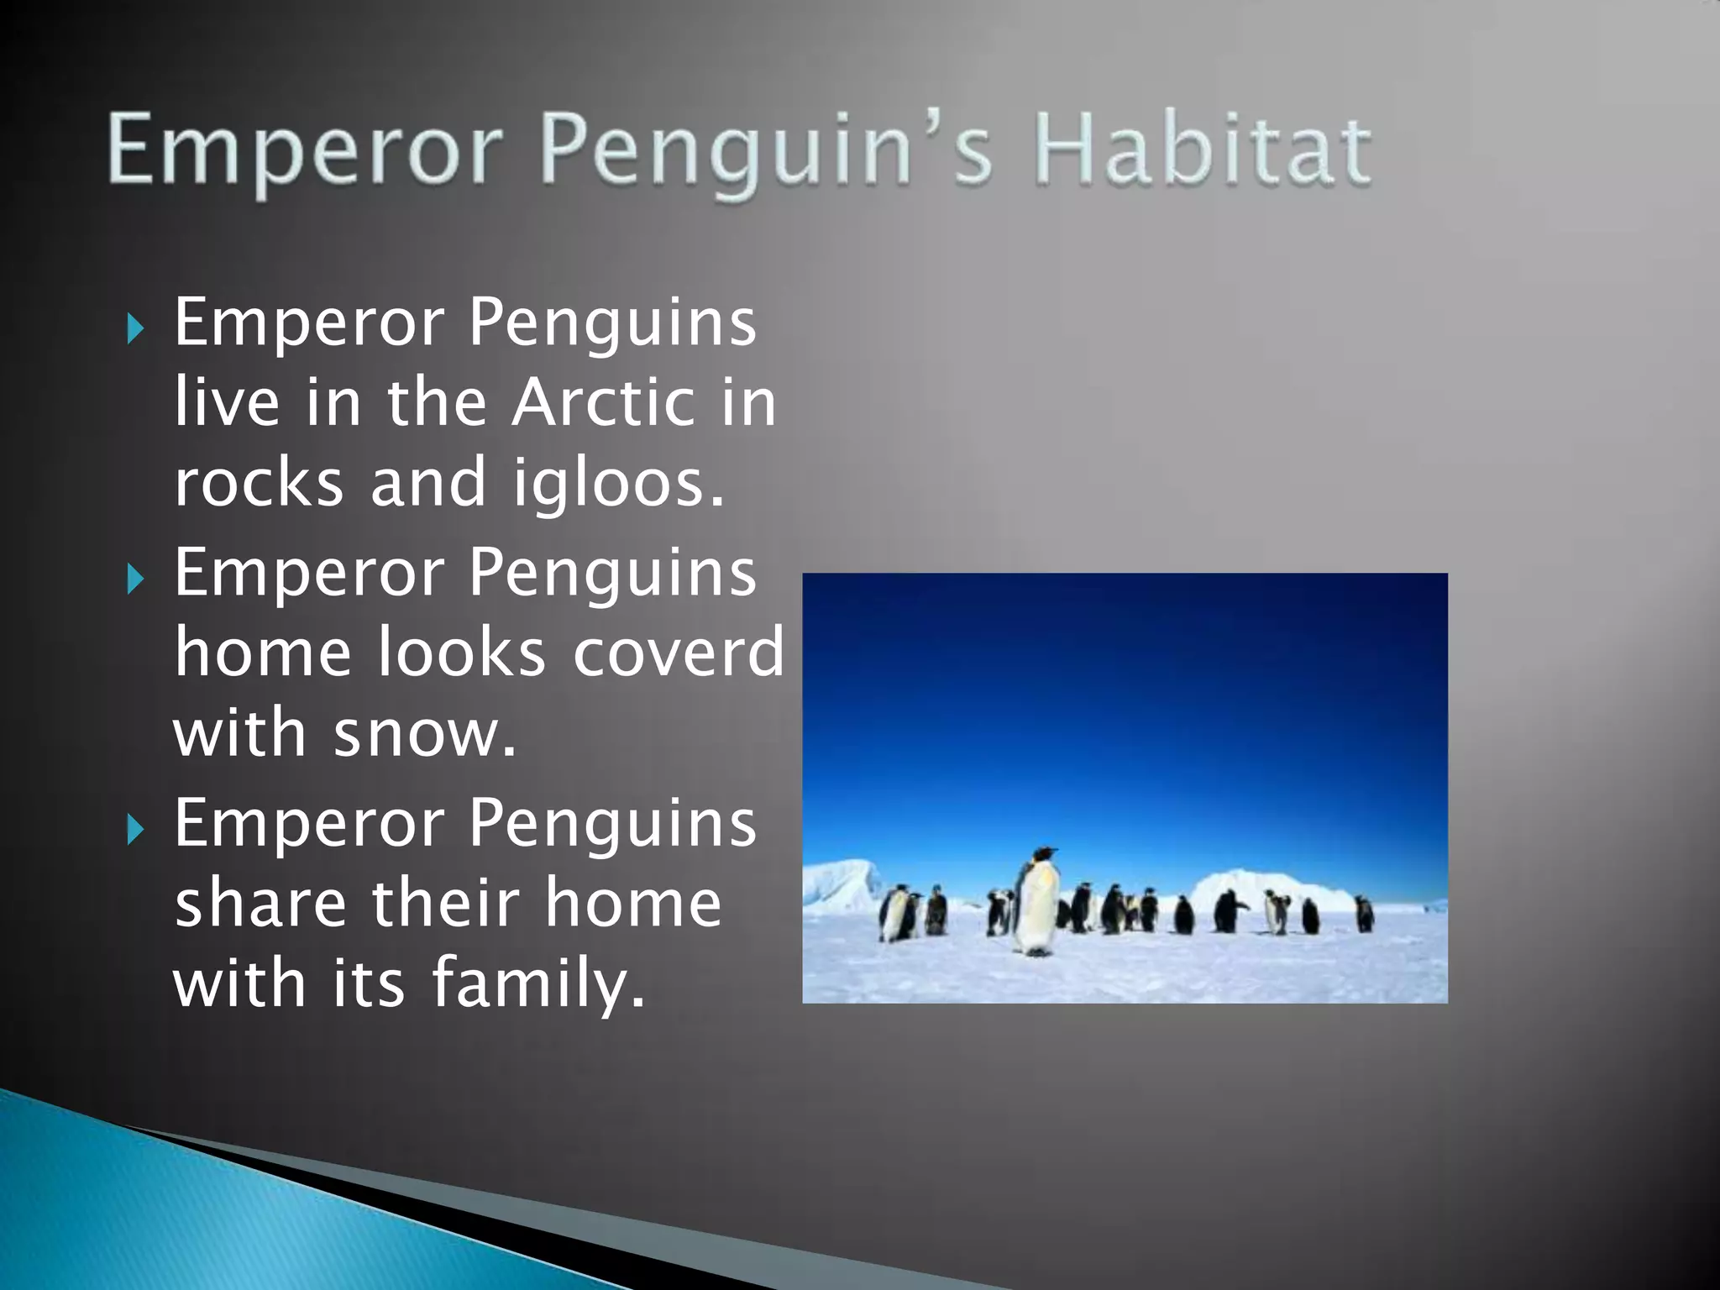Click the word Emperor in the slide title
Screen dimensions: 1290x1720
pyautogui.click(x=302, y=151)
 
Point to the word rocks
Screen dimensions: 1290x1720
pyautogui.click(x=259, y=483)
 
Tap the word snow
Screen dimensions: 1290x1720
pyautogui.click(x=424, y=733)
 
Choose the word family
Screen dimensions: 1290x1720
pyautogui.click(x=539, y=983)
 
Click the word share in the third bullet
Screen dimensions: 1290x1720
pyautogui.click(x=260, y=903)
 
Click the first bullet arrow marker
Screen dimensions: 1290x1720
pyautogui.click(x=135, y=328)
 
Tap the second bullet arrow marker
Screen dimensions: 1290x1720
pyautogui.click(x=135, y=579)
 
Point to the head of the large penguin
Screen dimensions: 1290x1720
pyautogui.click(x=1043, y=855)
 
